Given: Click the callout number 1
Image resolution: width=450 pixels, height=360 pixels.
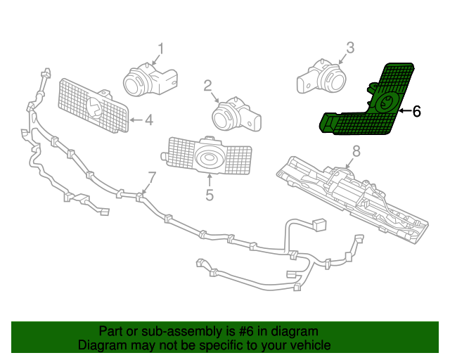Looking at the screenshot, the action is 160,49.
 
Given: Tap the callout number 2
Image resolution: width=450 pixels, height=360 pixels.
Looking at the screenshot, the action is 208,86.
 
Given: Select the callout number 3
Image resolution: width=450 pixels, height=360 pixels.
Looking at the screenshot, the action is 349,49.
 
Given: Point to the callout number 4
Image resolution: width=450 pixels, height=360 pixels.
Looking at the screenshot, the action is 148,120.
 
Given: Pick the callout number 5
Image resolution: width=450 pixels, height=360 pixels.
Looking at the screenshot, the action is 209,195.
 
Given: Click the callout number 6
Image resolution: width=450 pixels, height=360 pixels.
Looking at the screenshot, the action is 416,111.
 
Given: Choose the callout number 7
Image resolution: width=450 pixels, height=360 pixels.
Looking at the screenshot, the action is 152,176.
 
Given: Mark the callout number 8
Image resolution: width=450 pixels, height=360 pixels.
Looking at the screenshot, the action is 356,150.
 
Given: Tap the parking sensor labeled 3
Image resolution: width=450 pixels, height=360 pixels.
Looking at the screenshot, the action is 323,78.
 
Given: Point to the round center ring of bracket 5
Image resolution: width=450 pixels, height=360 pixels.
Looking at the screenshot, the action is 209,157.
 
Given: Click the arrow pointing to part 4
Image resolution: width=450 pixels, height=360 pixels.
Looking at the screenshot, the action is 136,120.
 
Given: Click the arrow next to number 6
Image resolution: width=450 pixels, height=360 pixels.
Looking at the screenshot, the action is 404,111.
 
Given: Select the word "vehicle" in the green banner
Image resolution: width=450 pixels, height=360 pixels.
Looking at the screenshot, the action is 308,345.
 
